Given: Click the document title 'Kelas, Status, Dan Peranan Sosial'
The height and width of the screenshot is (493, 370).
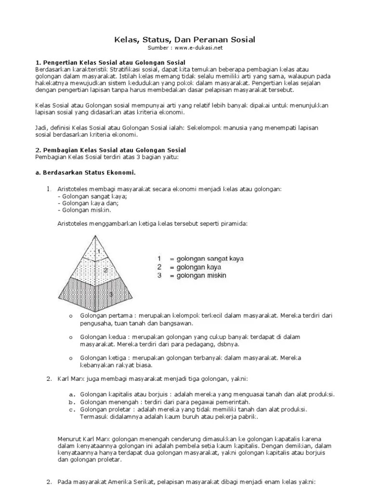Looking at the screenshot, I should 185,39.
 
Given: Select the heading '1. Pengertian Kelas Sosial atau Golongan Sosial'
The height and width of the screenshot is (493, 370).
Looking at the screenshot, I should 110,63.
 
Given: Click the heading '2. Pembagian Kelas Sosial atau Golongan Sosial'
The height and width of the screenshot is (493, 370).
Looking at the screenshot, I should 110,150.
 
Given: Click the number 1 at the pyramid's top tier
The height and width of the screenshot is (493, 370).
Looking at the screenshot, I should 99,251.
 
